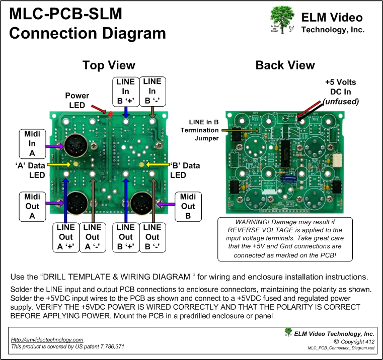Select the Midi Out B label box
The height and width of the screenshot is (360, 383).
point(188,206)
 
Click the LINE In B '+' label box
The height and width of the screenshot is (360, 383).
point(125,91)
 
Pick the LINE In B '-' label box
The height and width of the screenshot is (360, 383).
point(152,91)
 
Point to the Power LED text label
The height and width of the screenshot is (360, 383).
point(77,101)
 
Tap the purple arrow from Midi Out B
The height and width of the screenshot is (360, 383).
point(167,204)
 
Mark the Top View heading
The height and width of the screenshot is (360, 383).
point(109,65)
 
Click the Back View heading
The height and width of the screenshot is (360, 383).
point(285,65)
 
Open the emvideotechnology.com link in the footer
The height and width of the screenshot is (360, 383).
point(47,340)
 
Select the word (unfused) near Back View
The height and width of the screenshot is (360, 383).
point(340,101)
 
